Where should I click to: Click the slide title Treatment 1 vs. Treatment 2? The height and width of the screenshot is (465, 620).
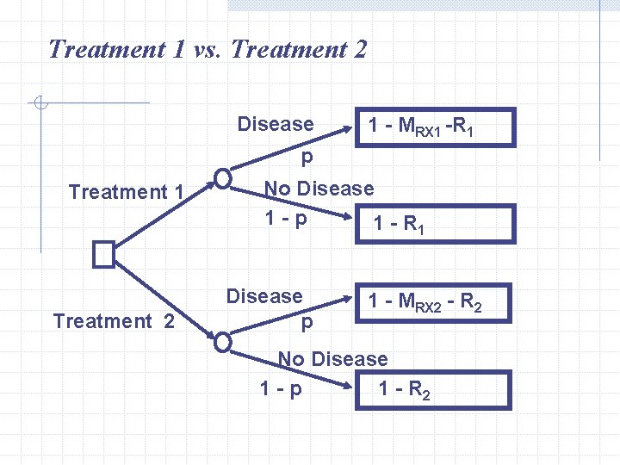[x=208, y=49]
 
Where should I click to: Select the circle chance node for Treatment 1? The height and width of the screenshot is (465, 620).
[x=223, y=178]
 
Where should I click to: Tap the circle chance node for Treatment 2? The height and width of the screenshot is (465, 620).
[x=223, y=341]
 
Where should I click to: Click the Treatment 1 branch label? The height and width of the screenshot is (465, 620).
[x=126, y=191]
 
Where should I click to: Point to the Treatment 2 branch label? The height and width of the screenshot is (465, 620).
[x=114, y=321]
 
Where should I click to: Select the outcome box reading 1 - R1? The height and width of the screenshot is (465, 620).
[x=436, y=224]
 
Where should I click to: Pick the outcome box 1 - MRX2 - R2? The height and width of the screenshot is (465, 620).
[x=436, y=302]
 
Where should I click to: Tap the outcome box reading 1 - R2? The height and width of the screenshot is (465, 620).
[x=436, y=389]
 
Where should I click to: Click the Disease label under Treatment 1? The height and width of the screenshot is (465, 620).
[x=276, y=124]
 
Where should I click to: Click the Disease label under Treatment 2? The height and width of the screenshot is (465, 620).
[x=264, y=296]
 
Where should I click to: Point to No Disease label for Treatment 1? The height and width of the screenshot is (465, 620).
[x=319, y=189]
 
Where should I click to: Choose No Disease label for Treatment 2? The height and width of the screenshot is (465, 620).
[x=332, y=358]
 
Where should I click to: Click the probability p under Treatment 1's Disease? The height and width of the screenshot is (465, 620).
[x=307, y=158]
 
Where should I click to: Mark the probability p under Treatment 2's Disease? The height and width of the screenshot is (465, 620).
[x=307, y=324]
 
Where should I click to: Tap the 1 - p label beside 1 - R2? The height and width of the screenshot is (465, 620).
[x=281, y=389]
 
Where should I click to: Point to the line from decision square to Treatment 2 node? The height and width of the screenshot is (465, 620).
[x=164, y=296]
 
